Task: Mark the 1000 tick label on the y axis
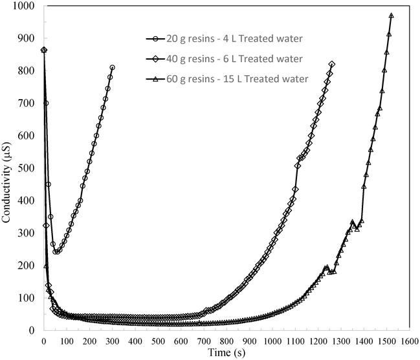25,6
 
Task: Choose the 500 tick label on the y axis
27,168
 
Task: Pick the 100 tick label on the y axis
27,298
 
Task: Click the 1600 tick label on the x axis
409,339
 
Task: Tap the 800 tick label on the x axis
226,339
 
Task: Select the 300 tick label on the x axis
112,339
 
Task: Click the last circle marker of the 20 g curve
113,67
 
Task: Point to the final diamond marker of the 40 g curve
332,64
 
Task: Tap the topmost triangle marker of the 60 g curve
392,16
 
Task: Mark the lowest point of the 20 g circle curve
56,251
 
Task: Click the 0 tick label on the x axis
43,339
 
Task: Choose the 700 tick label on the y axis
27,103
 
